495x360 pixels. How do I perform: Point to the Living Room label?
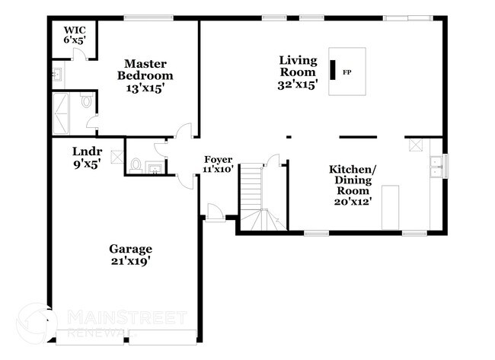298,66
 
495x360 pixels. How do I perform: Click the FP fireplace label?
347,72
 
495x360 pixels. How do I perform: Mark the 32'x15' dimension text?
298,84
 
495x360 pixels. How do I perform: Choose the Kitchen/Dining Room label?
350,180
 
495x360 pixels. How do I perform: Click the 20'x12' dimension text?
351,202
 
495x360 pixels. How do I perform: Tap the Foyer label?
218,159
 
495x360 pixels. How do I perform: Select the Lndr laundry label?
87,151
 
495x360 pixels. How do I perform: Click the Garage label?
130,249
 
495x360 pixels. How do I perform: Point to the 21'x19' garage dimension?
130,261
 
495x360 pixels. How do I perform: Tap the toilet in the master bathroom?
86,100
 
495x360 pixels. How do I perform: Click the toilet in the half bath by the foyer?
136,164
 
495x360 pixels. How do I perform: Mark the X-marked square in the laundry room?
116,158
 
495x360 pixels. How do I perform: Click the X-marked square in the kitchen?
416,144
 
